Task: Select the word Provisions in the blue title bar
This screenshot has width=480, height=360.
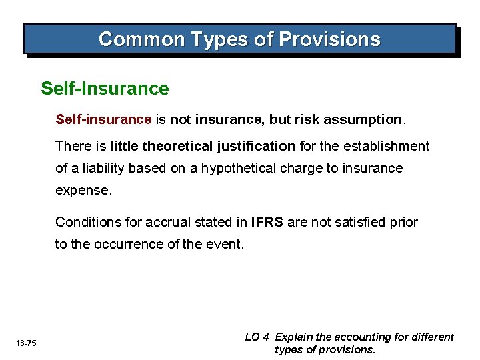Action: (329, 39)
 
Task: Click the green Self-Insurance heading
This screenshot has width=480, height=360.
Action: (105, 88)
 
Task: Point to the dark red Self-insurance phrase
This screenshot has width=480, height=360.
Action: (103, 119)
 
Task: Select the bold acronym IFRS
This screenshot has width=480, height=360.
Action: (268, 221)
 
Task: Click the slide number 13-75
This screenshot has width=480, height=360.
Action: (27, 343)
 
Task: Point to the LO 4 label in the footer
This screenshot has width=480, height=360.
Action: (257, 337)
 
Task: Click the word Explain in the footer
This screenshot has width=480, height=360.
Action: (297, 337)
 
